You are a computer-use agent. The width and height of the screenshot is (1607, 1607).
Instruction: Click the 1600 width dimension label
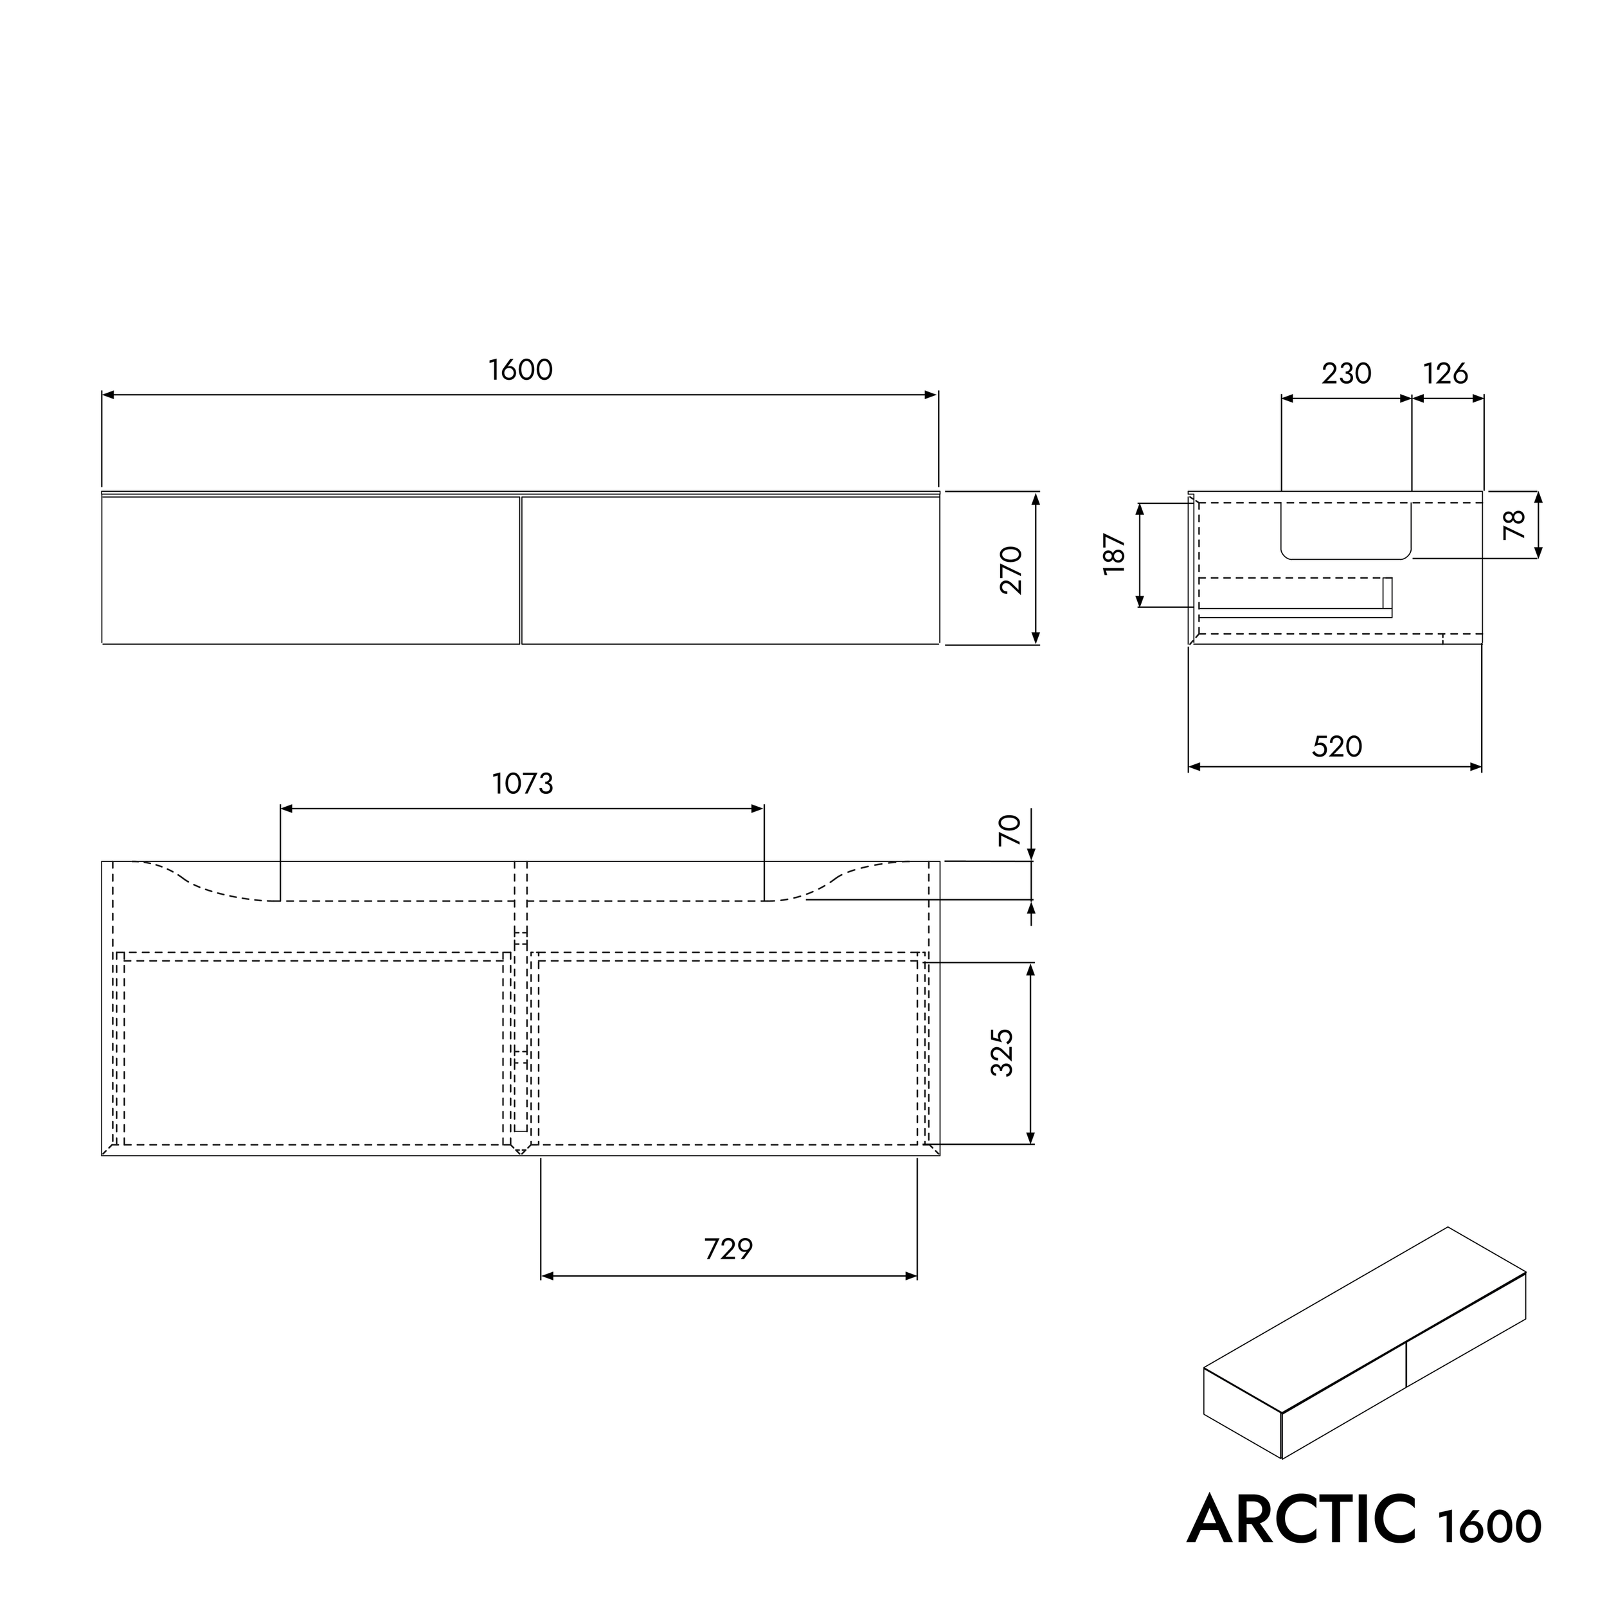tap(520, 370)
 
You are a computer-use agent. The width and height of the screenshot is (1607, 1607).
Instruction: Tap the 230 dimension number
tap(1346, 374)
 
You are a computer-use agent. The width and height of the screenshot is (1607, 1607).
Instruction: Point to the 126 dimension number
tap(1445, 374)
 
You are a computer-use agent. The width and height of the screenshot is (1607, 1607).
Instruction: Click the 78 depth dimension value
tap(1514, 525)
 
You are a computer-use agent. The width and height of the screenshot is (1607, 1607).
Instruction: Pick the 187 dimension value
tap(1114, 554)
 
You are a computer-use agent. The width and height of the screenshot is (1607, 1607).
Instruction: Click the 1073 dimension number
tap(523, 784)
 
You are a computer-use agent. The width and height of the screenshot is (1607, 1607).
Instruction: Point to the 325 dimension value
tap(1002, 1053)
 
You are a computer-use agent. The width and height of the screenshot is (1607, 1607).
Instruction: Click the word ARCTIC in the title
tap(1301, 1520)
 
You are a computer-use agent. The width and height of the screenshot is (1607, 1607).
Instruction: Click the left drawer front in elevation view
tap(310, 571)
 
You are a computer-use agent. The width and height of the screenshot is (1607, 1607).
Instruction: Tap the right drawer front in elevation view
tap(730, 571)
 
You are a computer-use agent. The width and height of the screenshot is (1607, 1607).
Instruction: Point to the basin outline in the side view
tap(1346, 532)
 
